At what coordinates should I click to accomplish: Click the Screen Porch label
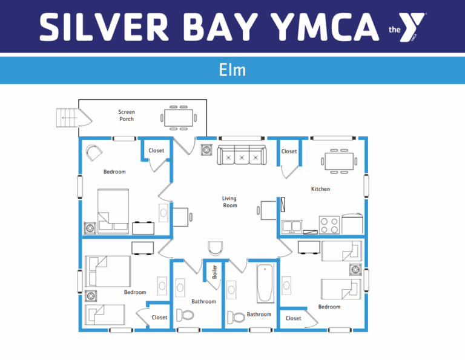tap(127, 115)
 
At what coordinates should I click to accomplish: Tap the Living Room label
tap(229, 202)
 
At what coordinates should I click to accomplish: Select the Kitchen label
tap(320, 189)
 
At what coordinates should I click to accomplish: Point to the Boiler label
tap(214, 272)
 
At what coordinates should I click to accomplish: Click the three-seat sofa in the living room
tap(242, 155)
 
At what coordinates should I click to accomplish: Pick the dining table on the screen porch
tap(179, 118)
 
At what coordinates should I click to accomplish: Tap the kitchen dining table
tap(339, 161)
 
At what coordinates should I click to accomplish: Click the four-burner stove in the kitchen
tap(329, 225)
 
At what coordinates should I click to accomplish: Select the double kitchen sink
tap(292, 227)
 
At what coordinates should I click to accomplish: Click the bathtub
tap(265, 283)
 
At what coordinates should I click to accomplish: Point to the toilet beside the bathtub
tap(236, 317)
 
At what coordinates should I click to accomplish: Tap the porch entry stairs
tap(67, 118)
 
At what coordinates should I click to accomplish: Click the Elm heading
tap(232, 70)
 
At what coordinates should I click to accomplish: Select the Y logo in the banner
tap(411, 27)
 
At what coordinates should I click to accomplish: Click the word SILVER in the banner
tap(104, 27)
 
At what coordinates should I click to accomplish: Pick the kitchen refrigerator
tap(352, 224)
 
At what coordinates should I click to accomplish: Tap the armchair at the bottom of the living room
tap(216, 248)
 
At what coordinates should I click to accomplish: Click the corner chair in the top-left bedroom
tap(94, 153)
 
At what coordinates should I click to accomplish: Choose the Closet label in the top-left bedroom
tap(156, 150)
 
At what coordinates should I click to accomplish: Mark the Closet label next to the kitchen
tap(289, 152)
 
